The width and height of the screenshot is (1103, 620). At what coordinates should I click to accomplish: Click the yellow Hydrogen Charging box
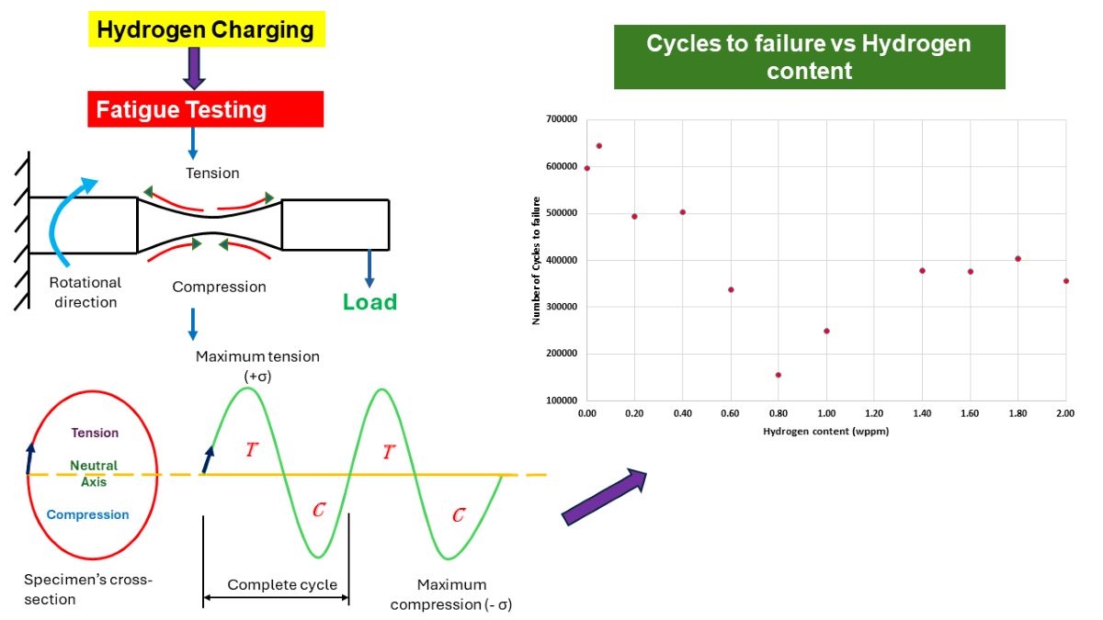pos(205,29)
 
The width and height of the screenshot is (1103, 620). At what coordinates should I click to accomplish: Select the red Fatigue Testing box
pos(205,109)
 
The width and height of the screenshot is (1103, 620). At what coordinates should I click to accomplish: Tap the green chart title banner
pos(809,57)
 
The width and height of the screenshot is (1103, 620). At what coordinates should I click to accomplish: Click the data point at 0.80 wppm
pos(778,375)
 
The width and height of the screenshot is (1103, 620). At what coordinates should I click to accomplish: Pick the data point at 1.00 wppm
pos(826,331)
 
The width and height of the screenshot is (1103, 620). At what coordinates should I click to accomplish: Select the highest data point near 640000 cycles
pos(598,145)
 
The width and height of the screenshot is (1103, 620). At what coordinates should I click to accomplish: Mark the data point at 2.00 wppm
pos(1065,281)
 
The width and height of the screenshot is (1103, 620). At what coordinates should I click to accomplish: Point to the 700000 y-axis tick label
pos(561,120)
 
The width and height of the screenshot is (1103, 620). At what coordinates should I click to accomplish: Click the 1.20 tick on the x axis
pos(873,415)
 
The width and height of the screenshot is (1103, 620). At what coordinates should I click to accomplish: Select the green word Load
pos(370,302)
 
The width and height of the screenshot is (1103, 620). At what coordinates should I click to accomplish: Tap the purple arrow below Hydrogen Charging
pos(194,68)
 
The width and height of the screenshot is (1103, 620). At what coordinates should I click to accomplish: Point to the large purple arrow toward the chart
pos(604,497)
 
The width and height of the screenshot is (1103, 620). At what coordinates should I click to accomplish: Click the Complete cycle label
pos(282,585)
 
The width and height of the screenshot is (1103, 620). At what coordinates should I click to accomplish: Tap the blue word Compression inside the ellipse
pos(88,514)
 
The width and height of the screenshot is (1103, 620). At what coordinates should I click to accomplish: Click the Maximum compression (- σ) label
pos(450,595)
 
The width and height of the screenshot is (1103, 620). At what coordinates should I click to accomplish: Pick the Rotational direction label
pos(85,293)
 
